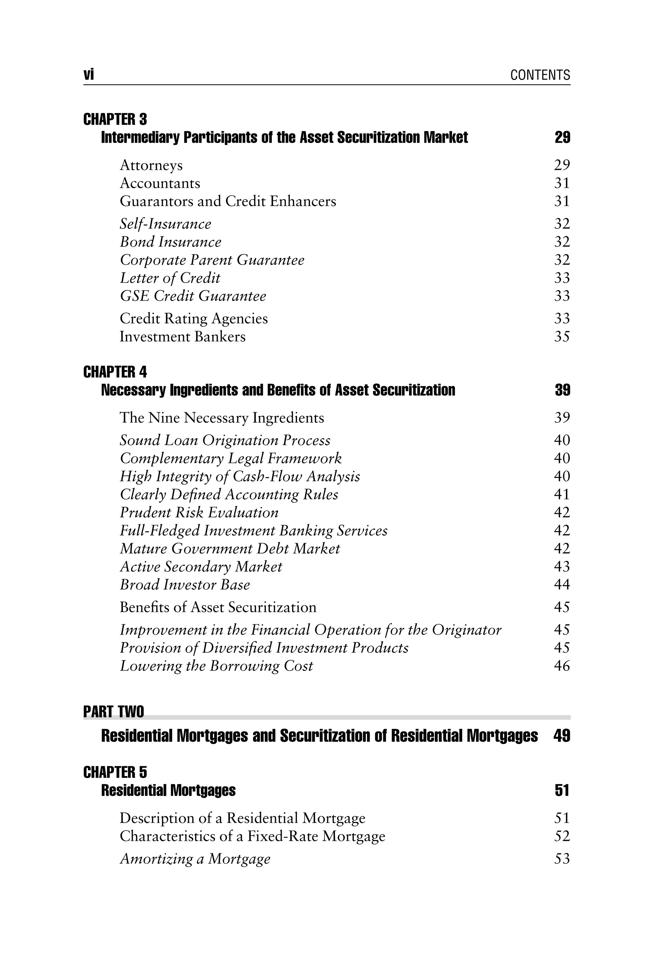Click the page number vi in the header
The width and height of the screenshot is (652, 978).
[89, 75]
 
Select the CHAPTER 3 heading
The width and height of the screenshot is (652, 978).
[115, 119]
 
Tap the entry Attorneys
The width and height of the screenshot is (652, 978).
[151, 166]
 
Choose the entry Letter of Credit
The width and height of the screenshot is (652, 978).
[170, 278]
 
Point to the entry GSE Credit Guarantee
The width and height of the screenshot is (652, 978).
[193, 296]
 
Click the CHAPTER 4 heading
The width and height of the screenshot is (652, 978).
[115, 372]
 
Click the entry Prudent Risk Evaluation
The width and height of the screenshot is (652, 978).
[199, 513]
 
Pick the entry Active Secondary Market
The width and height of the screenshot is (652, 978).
[201, 567]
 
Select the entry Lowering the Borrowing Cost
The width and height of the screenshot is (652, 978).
[216, 666]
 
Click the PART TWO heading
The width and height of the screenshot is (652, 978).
[114, 712]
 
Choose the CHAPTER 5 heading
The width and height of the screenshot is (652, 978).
[115, 773]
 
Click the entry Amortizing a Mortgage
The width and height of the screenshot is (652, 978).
[195, 859]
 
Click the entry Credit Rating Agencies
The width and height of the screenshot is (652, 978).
[194, 318]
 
